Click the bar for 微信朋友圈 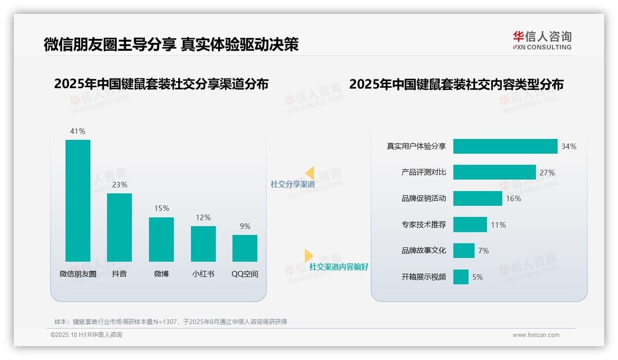(x=78, y=201)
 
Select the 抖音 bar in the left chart (x=119, y=227)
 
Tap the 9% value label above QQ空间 (x=245, y=226)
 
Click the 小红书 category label (x=203, y=274)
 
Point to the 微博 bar (x=161, y=239)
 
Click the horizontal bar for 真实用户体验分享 (x=505, y=146)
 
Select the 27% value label (x=547, y=173)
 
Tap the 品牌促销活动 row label (x=424, y=198)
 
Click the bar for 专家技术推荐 (x=470, y=225)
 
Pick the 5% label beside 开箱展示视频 (x=477, y=277)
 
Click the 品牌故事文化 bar (x=463, y=251)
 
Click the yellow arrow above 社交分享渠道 (x=310, y=173)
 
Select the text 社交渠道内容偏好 (x=339, y=267)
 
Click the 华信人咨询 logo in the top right (x=542, y=40)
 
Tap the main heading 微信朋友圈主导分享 (x=110, y=44)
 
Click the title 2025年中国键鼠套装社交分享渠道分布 (x=161, y=84)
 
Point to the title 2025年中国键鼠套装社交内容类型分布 (x=456, y=84)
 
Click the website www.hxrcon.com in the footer (x=536, y=335)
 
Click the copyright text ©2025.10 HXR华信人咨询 (x=86, y=335)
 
